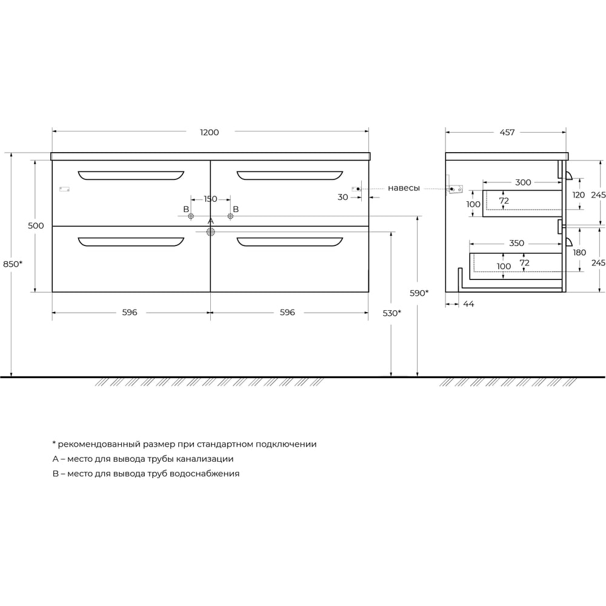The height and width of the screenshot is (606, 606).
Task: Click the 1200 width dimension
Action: [210, 132]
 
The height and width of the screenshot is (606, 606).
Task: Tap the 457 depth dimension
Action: [507, 132]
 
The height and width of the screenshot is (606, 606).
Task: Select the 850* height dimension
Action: [13, 264]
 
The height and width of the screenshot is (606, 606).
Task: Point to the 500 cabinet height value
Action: [36, 225]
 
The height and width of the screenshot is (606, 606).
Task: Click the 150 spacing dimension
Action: [210, 199]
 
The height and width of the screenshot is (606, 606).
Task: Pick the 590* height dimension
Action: [419, 293]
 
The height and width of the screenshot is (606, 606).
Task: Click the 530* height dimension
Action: [392, 313]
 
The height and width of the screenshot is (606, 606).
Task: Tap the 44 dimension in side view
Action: [468, 304]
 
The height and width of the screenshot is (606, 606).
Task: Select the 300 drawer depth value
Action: [523, 182]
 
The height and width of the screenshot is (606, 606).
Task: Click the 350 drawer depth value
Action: [516, 243]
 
